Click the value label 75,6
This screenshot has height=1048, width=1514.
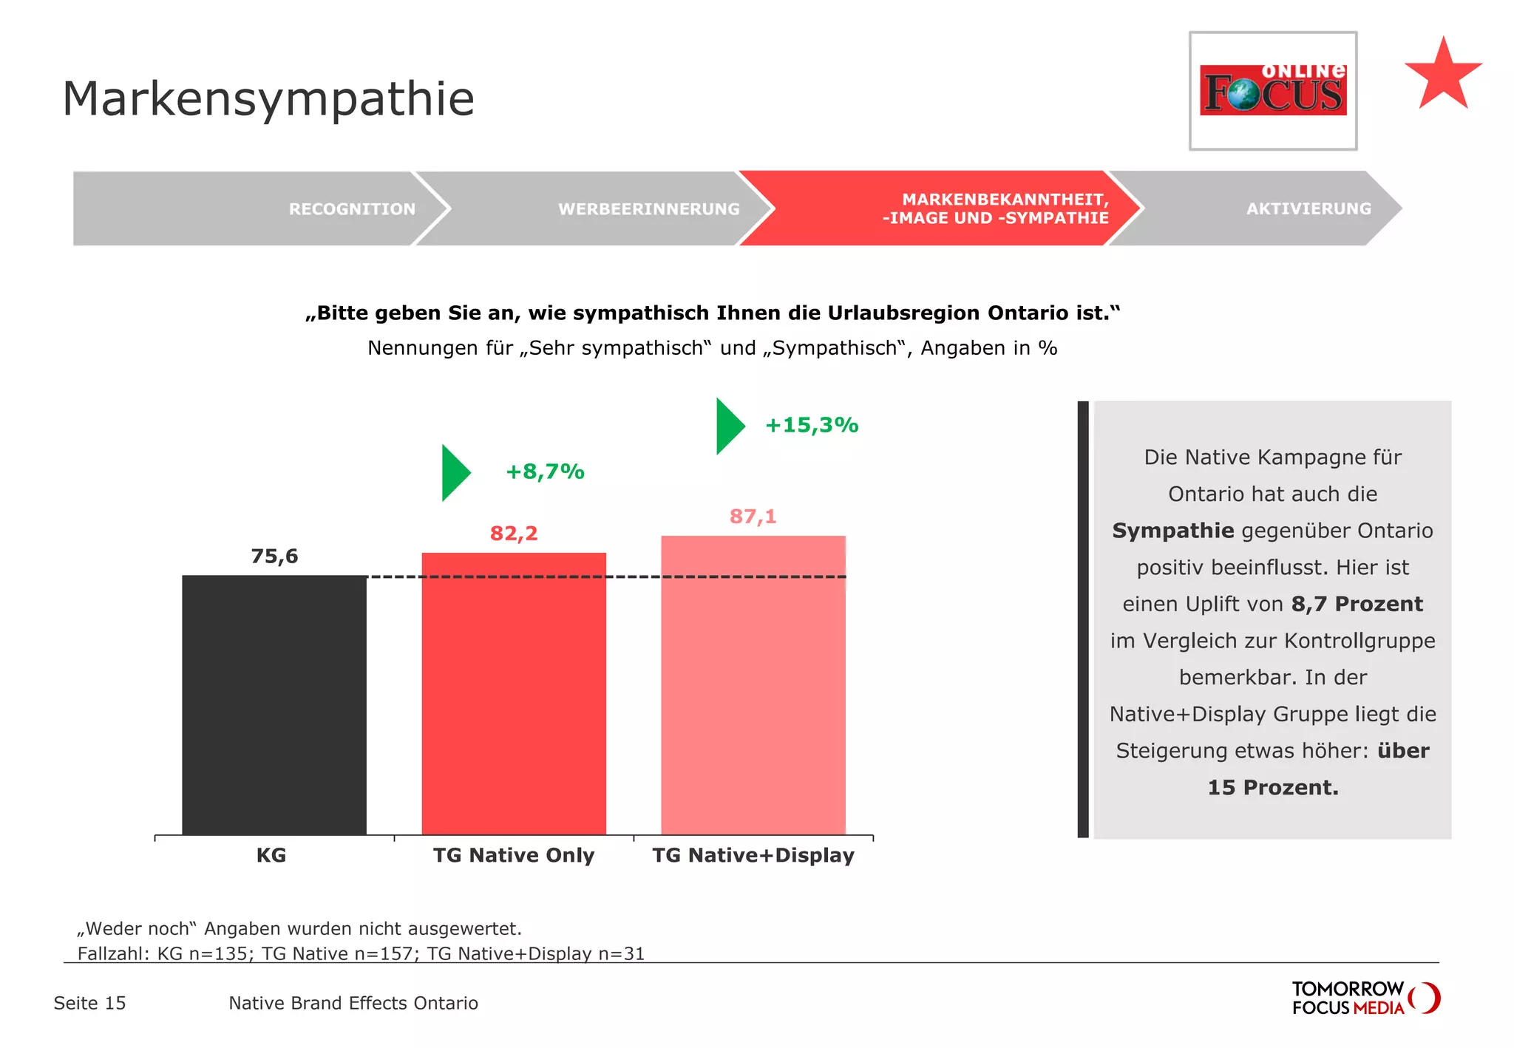(x=274, y=556)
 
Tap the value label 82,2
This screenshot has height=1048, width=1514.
(x=514, y=533)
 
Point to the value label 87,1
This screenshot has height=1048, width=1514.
(x=753, y=516)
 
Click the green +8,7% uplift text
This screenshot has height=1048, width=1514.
(x=545, y=472)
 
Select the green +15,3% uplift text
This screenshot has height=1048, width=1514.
(x=811, y=425)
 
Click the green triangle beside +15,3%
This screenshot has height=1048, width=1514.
(x=728, y=426)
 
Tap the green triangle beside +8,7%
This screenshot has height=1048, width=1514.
(x=454, y=473)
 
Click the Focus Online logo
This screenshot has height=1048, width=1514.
(x=1272, y=90)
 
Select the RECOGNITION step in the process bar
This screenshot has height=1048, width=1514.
(x=352, y=209)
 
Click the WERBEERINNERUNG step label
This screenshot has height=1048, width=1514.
(x=648, y=209)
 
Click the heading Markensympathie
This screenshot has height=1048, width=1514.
(x=268, y=98)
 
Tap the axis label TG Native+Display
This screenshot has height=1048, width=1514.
(x=753, y=855)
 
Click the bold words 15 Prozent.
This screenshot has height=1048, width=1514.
(x=1272, y=787)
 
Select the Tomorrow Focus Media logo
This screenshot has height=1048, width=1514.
(x=1365, y=998)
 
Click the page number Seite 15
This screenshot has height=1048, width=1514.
(x=89, y=1003)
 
